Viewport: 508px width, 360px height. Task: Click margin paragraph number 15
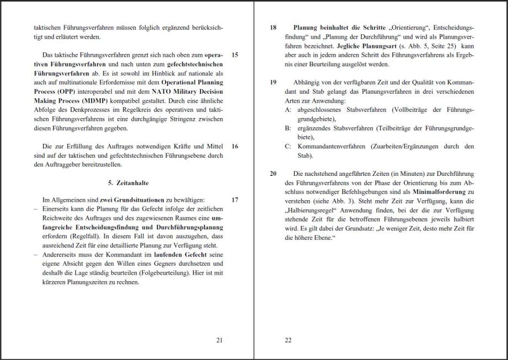(235, 55)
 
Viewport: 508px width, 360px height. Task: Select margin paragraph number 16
(235, 147)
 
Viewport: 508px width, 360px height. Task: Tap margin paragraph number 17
(235, 200)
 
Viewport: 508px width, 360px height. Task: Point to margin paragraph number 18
(273, 27)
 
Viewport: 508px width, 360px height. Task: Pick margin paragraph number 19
(273, 82)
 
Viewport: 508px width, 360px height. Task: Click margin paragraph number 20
(273, 173)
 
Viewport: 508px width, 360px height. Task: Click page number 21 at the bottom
(219, 340)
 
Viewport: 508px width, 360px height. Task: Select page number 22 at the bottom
(288, 340)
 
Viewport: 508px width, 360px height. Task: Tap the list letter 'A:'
(288, 110)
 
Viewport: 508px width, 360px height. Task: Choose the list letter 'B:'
(288, 128)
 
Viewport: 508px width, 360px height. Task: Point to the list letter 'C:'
(288, 146)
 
